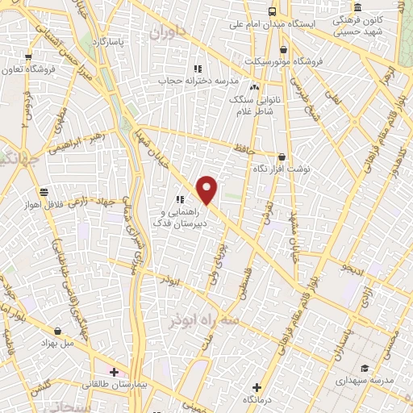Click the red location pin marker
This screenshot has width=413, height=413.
pyautogui.click(x=207, y=190)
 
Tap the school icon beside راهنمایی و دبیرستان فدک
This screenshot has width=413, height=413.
pyautogui.click(x=180, y=199)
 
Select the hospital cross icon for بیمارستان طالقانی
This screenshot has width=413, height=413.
pyautogui.click(x=115, y=373)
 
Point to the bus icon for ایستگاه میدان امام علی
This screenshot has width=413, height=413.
pyautogui.click(x=272, y=11)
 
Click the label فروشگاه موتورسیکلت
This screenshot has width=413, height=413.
pyautogui.click(x=318, y=60)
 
